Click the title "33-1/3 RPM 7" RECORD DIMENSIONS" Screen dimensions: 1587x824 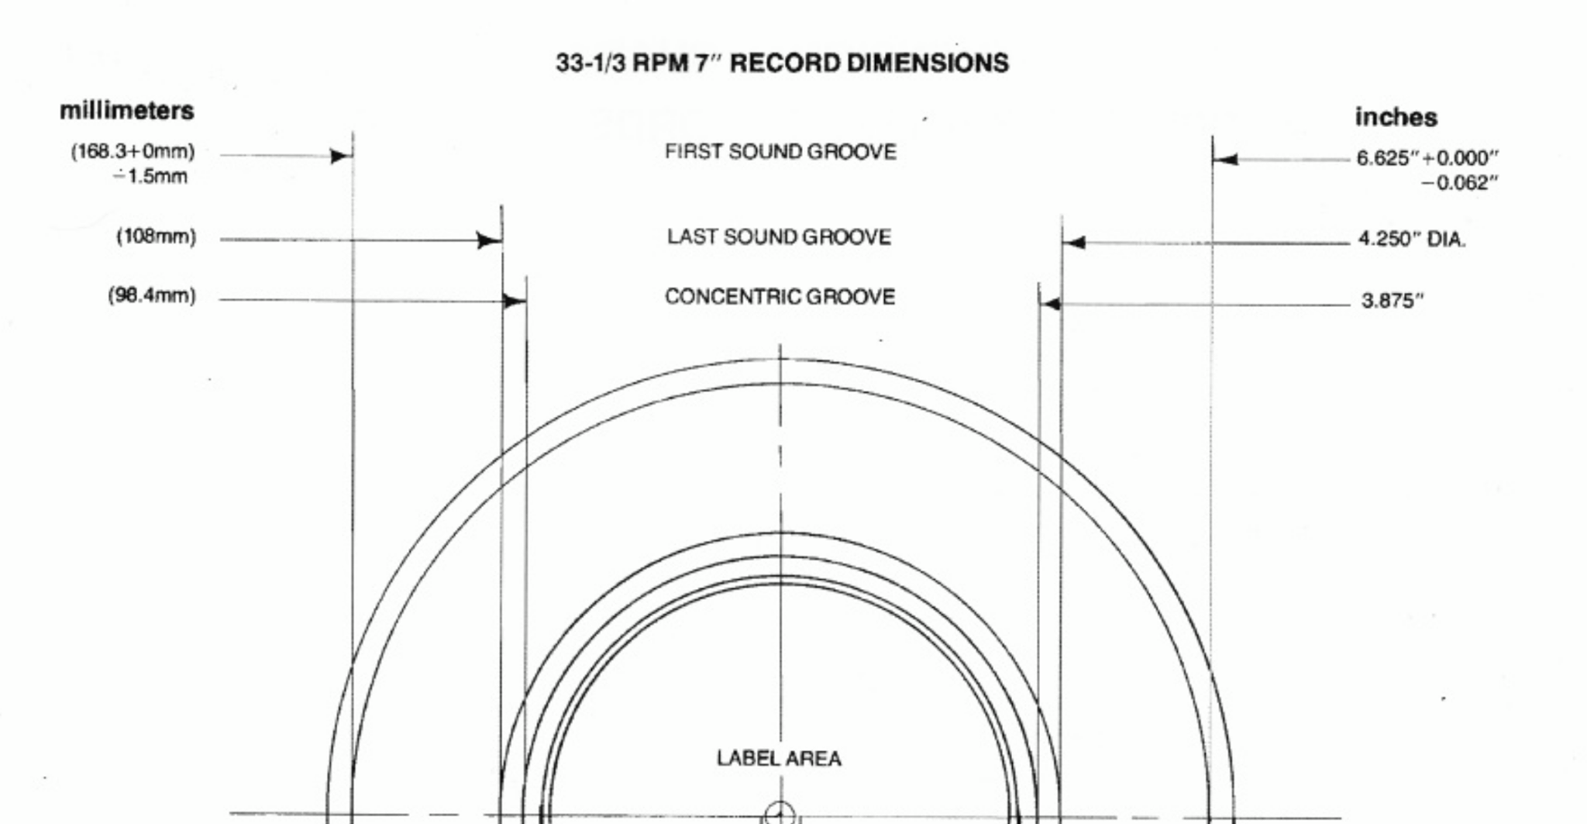[x=782, y=63]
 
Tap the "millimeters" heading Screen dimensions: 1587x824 [x=127, y=111]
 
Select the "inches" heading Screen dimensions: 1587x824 [x=1396, y=117]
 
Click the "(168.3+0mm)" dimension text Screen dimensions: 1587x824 [x=133, y=151]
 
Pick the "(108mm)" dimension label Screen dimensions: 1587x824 [x=157, y=236]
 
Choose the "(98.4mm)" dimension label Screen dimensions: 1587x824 [x=152, y=296]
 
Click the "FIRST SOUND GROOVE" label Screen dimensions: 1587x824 [x=780, y=152]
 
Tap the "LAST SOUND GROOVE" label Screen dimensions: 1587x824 [x=779, y=236]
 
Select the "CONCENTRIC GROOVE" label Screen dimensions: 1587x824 [x=780, y=297]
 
